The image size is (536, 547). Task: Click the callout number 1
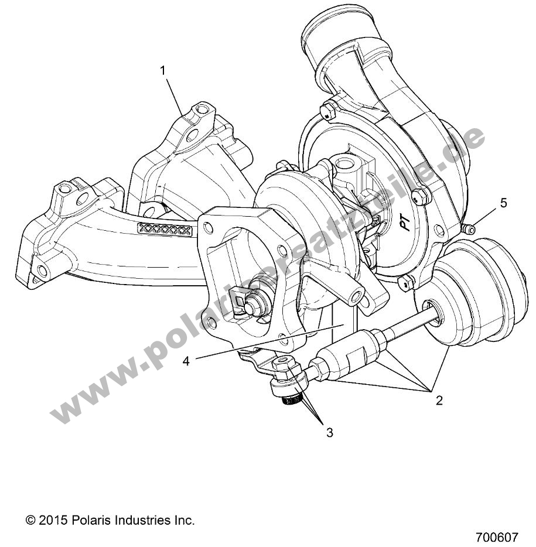[x=163, y=70]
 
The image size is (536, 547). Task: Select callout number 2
[x=439, y=401]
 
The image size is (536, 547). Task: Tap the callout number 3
[x=330, y=433]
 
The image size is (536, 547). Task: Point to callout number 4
[x=186, y=361]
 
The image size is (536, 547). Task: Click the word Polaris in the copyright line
[x=93, y=519]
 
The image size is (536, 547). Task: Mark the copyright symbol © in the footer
[x=30, y=519]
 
